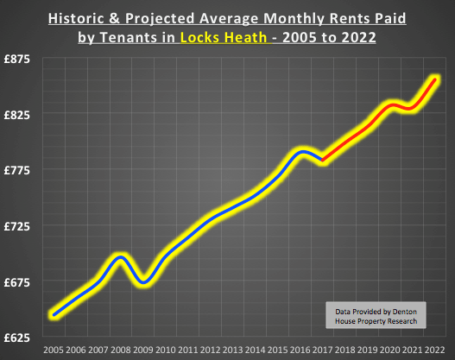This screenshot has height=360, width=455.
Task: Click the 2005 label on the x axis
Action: [x=54, y=351]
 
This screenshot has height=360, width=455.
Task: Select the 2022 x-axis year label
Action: [x=435, y=351]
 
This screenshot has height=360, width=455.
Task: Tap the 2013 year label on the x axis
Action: [x=233, y=351]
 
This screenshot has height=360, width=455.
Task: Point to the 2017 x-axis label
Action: [x=323, y=351]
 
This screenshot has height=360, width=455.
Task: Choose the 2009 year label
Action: [x=143, y=351]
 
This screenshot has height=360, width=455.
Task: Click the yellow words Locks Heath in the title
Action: [x=219, y=38]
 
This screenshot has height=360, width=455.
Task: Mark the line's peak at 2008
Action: [x=121, y=257]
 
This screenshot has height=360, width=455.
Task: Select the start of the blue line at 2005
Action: [x=54, y=315]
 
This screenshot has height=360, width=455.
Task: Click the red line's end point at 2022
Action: [x=436, y=79]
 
